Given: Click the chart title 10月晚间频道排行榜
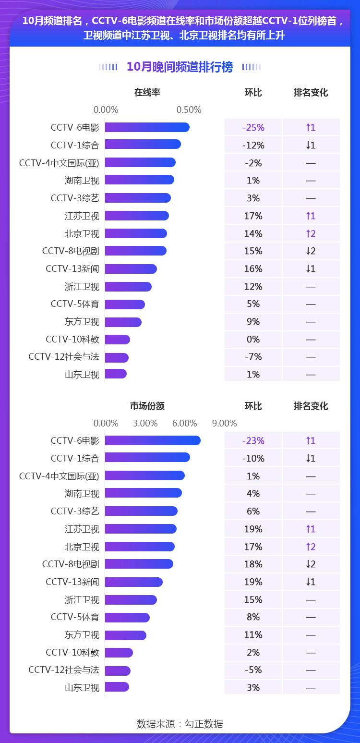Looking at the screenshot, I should [180, 67].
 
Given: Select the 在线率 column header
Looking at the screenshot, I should [147, 92].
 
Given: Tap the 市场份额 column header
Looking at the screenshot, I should [147, 406].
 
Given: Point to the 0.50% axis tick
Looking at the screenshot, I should [189, 110].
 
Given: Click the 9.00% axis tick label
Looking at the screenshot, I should [225, 423].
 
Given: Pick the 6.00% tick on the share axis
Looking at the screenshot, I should [185, 423].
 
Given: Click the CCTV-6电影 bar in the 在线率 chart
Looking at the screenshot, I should [147, 127].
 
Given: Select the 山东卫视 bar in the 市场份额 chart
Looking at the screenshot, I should [117, 687].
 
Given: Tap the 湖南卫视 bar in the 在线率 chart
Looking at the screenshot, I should [139, 180].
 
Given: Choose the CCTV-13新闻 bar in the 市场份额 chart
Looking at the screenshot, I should [134, 582].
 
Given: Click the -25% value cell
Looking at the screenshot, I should [253, 128].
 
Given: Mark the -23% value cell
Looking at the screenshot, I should [253, 441].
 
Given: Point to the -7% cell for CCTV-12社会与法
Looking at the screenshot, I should [253, 357].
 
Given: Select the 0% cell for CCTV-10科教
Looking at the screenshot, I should [253, 339].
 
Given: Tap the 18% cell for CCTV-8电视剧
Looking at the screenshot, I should [253, 564].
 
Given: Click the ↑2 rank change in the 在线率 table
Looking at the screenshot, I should [311, 233].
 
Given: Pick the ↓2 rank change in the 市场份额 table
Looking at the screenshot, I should [311, 564].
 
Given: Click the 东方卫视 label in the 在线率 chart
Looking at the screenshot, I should [82, 322].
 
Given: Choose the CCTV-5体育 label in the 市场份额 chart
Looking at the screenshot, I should [75, 617].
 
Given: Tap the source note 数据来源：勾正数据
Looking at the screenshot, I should [180, 724].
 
